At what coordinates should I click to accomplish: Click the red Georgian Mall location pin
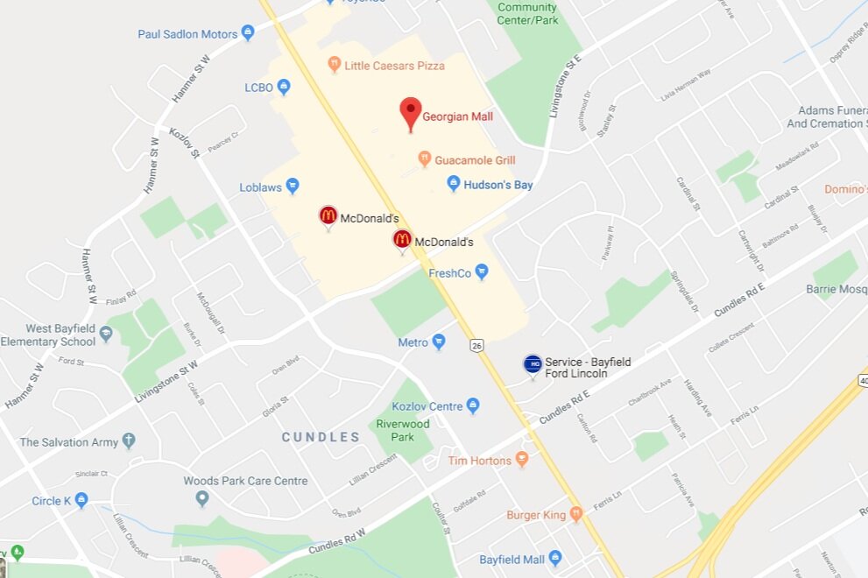click(x=411, y=113)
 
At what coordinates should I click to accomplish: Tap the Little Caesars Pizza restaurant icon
click(x=334, y=65)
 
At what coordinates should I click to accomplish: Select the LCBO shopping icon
click(x=284, y=87)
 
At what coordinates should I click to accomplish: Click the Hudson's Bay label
click(x=498, y=185)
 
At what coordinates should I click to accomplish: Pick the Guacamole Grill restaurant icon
click(x=425, y=159)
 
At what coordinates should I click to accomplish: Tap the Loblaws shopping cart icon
click(x=293, y=186)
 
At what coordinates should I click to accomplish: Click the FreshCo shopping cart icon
click(x=481, y=272)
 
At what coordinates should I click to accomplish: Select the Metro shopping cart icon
click(x=439, y=342)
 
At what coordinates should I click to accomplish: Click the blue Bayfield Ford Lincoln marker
click(x=533, y=364)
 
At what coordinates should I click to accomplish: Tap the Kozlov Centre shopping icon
click(x=473, y=405)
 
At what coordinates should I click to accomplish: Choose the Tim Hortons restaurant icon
click(x=522, y=459)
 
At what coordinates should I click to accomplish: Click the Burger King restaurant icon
click(x=576, y=514)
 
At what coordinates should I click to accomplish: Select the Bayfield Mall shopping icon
click(x=554, y=559)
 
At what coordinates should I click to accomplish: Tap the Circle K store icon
click(x=81, y=500)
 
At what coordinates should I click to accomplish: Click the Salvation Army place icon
click(x=129, y=441)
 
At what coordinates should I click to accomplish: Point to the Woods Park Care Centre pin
click(x=202, y=497)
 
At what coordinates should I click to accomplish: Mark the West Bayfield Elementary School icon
click(x=106, y=334)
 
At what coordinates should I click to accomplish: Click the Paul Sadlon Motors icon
click(x=248, y=33)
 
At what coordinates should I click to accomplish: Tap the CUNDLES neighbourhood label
click(x=321, y=437)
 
